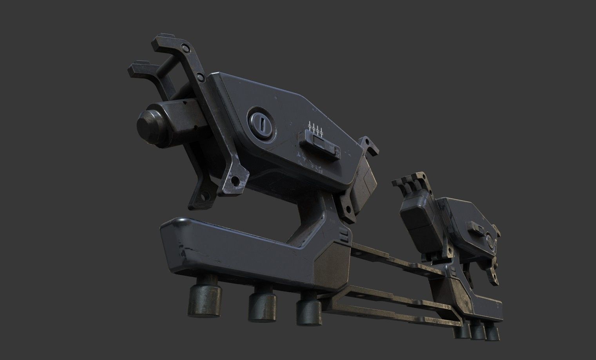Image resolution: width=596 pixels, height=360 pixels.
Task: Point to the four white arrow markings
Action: pyautogui.click(x=316, y=128)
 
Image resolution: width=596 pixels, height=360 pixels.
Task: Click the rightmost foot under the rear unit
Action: pyautogui.click(x=493, y=333)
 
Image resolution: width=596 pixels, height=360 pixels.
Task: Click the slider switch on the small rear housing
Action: pyautogui.click(x=476, y=227)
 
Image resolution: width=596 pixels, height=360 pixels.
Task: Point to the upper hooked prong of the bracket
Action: pyautogui.click(x=165, y=43)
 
